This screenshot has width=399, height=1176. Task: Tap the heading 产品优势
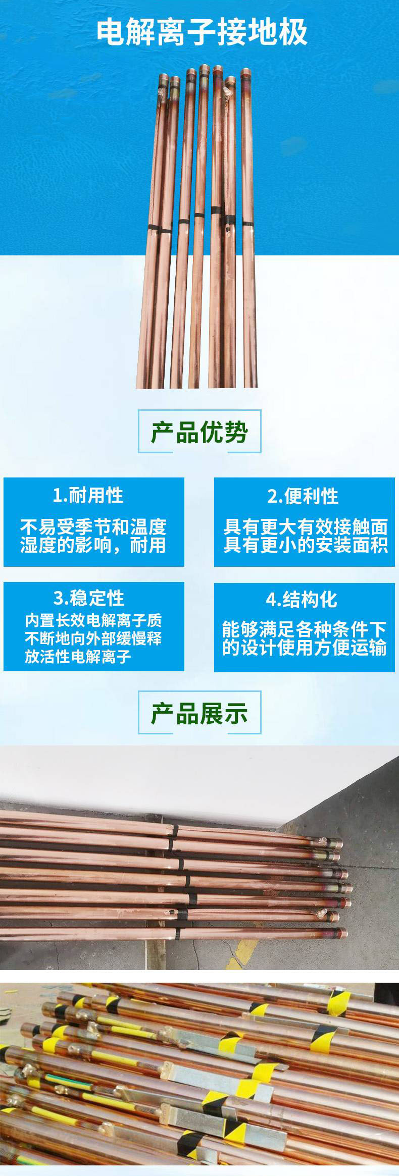tap(199, 432)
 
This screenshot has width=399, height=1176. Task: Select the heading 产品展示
tap(199, 713)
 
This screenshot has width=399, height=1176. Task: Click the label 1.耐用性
tap(88, 495)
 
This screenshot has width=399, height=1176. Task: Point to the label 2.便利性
tap(303, 496)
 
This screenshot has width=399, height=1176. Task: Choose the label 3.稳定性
tap(88, 598)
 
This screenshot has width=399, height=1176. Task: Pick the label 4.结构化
tap(302, 600)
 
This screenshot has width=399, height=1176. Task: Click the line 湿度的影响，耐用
tap(93, 546)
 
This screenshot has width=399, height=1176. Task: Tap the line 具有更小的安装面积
tap(306, 546)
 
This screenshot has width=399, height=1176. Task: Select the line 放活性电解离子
tap(78, 657)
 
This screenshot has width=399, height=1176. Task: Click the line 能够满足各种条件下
tap(305, 629)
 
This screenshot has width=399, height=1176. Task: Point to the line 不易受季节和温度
tap(93, 527)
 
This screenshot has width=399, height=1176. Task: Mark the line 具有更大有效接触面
tap(306, 527)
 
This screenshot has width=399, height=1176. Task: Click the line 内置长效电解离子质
tap(93, 621)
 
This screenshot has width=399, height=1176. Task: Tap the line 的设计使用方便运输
tap(305, 648)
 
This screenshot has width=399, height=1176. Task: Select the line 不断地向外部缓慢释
tap(93, 638)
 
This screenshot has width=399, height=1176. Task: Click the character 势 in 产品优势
tap(236, 432)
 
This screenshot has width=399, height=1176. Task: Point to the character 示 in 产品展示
tap(236, 713)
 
